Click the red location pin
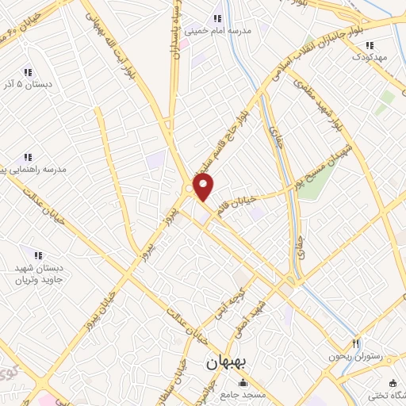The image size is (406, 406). click(204, 186)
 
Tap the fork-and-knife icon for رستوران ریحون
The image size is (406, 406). click(357, 344)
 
